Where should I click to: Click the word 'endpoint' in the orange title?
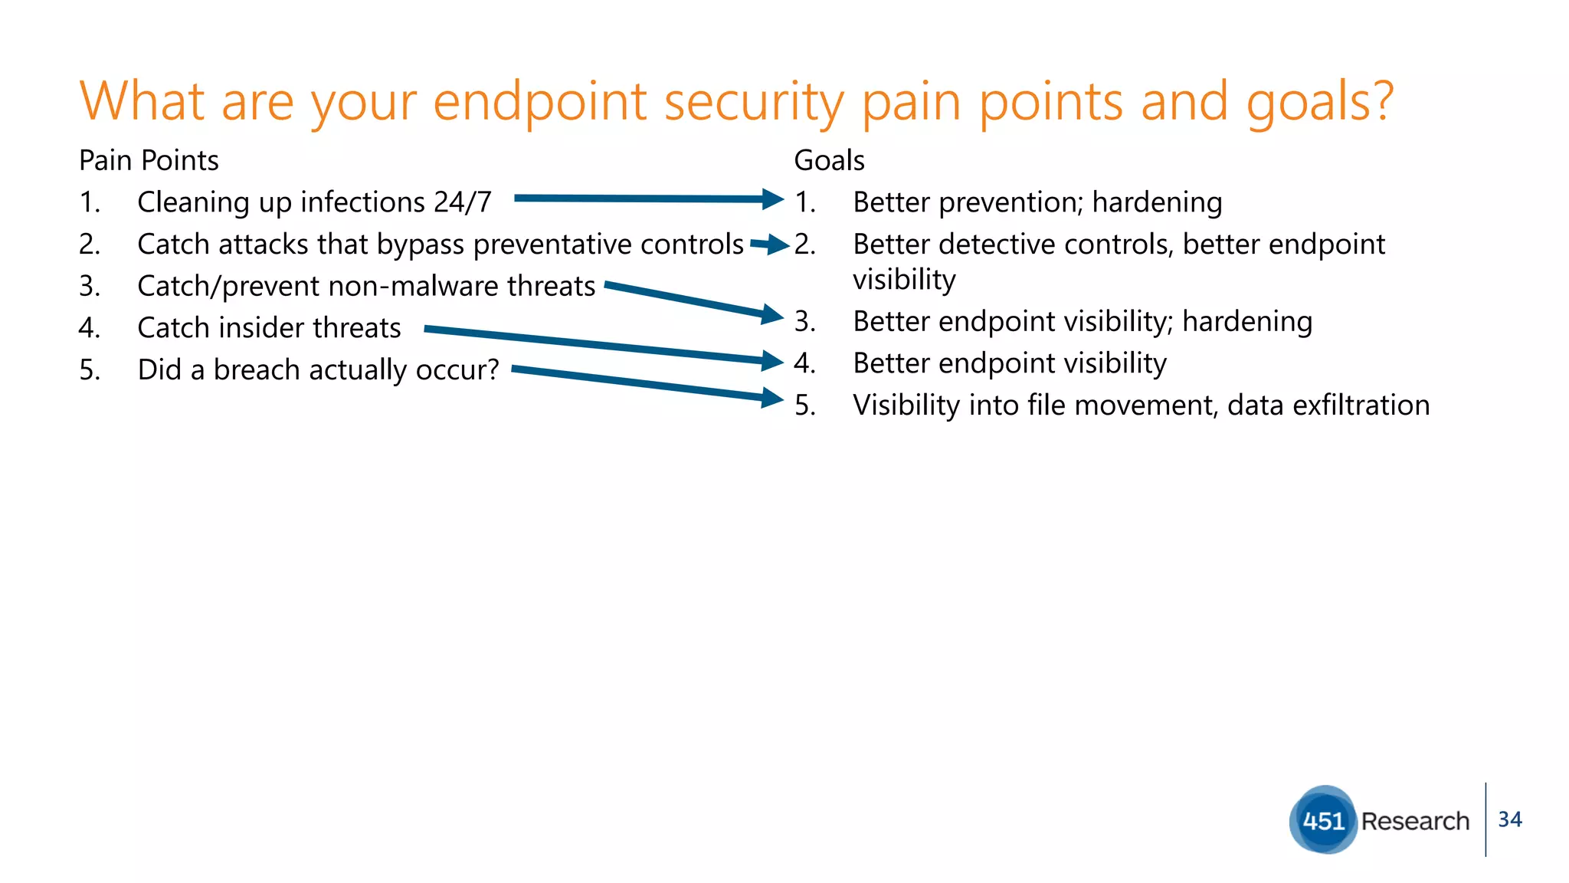click(x=540, y=102)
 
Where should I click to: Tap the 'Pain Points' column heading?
click(x=149, y=161)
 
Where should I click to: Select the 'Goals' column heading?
click(x=829, y=161)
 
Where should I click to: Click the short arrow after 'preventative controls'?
click(x=769, y=245)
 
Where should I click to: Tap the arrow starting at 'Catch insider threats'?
click(x=598, y=345)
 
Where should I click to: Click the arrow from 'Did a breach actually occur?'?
click(x=644, y=383)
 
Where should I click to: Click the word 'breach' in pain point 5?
click(x=256, y=370)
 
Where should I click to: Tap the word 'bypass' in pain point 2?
click(x=421, y=245)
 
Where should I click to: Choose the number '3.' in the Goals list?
click(x=804, y=322)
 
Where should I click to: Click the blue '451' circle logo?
click(x=1323, y=820)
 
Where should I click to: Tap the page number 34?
click(x=1509, y=819)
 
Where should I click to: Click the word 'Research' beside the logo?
click(x=1415, y=821)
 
